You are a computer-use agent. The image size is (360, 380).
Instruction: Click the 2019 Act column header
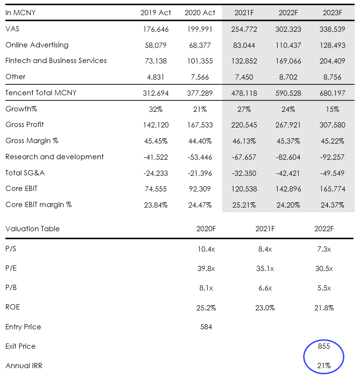155,13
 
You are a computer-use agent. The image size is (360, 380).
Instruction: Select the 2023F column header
332,13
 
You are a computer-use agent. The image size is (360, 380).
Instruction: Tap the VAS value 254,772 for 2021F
244,29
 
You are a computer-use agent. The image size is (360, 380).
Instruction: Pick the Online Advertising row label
37,45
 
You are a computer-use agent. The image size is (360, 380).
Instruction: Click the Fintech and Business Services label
56,61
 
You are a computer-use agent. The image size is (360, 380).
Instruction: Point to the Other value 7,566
200,77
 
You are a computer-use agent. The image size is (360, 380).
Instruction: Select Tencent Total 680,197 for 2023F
332,93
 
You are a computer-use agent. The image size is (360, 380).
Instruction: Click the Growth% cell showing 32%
155,109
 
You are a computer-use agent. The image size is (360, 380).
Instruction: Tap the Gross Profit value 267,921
288,125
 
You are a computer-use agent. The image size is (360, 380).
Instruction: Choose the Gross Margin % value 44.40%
200,141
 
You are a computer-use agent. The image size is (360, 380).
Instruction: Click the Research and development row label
54,157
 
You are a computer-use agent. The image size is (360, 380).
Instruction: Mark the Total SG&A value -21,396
200,173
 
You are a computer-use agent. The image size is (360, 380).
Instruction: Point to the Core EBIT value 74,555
155,189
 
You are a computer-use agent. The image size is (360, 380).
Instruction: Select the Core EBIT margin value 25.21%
244,205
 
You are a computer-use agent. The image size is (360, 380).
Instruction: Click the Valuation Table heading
33,229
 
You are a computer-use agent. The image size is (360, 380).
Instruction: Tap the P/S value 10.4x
206,249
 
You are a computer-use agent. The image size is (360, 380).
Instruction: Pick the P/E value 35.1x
265,269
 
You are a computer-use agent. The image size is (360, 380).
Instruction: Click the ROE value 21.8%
324,308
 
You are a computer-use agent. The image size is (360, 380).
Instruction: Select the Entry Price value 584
206,327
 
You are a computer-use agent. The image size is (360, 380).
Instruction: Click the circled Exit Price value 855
324,346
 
